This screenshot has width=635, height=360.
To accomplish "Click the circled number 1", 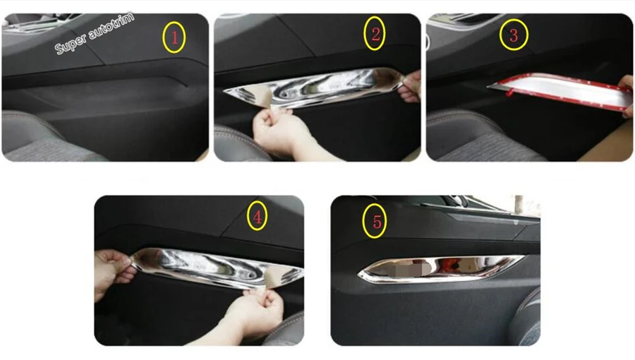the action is tap(174, 37).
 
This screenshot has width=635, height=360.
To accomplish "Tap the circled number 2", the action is tap(375, 34).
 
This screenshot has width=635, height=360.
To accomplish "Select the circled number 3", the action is tap(514, 35).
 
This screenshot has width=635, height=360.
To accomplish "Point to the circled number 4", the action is tap(257, 216).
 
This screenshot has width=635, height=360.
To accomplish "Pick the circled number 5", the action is tap(375, 222).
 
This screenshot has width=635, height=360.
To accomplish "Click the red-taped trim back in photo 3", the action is tap(561, 91).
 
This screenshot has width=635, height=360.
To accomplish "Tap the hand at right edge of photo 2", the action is tap(410, 87).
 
